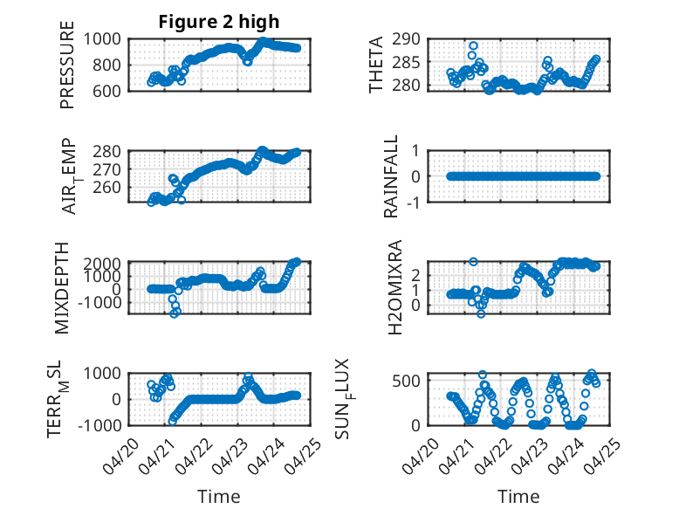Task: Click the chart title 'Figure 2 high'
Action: (x=219, y=22)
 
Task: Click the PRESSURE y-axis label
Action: (x=67, y=65)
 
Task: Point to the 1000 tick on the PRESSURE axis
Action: (x=102, y=39)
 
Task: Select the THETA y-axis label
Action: (x=376, y=65)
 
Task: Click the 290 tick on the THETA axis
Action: (x=406, y=39)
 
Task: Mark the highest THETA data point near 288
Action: (x=473, y=46)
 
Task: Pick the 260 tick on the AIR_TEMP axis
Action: (x=107, y=187)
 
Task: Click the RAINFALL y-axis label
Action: (x=391, y=176)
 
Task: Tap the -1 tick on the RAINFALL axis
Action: (x=413, y=203)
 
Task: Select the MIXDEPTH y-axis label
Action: (x=62, y=288)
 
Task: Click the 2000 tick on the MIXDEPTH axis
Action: (x=102, y=264)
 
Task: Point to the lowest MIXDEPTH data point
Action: (x=174, y=313)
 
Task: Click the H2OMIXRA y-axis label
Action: (x=395, y=287)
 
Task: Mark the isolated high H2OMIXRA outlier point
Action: (x=473, y=262)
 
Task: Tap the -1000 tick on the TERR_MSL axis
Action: (x=99, y=425)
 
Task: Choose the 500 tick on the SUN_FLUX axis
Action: (x=406, y=382)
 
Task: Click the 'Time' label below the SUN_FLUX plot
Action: (x=518, y=497)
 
